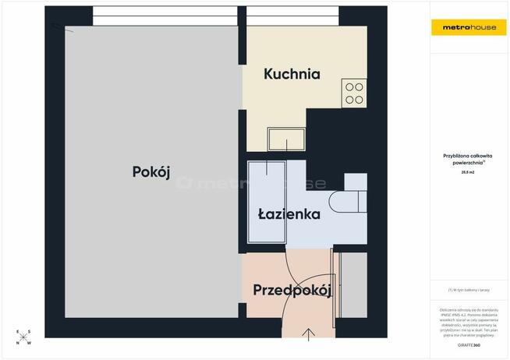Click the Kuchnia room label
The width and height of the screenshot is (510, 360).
click(x=292, y=75)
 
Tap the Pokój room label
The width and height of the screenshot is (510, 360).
click(x=151, y=172)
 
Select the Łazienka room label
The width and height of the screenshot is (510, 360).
click(x=289, y=214)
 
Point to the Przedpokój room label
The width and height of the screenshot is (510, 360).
click(x=292, y=291)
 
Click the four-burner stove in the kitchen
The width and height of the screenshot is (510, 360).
click(x=354, y=94)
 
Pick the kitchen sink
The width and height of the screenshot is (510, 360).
click(x=286, y=140)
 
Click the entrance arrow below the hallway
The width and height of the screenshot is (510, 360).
click(x=309, y=335)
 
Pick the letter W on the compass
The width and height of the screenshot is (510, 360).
click(x=30, y=344)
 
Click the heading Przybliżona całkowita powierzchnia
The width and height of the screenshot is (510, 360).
click(x=468, y=159)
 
